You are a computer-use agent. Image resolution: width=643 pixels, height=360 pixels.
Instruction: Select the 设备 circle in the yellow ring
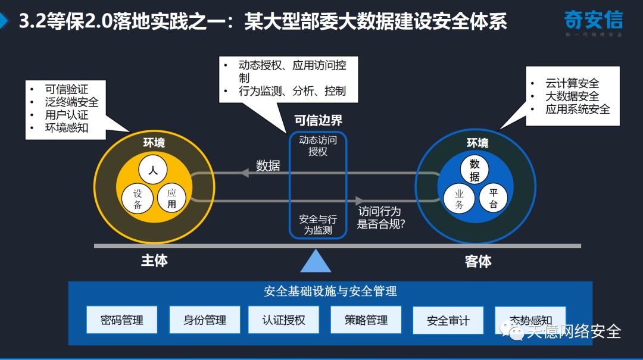tap(138, 199)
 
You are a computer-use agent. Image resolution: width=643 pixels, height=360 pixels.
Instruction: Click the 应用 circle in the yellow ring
tap(171, 199)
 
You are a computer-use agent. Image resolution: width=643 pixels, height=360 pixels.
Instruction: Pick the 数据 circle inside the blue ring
tap(474, 170)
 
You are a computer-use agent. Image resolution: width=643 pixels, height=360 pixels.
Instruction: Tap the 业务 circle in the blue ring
tap(459, 199)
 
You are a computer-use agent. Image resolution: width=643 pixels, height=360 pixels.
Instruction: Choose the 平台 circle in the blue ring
tap(494, 199)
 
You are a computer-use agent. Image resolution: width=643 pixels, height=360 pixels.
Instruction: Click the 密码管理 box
tap(122, 320)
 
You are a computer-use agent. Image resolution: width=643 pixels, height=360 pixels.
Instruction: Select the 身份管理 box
tap(205, 320)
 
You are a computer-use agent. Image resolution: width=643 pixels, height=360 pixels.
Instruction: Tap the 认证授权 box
tap(283, 320)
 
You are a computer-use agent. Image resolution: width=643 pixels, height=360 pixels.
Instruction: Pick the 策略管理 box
tap(366, 320)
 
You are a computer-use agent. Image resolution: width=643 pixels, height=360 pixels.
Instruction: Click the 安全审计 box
tap(448, 320)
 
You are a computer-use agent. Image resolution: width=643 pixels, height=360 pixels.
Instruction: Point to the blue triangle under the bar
tap(316, 261)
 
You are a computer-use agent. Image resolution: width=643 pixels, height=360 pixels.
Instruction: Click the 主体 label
tap(154, 261)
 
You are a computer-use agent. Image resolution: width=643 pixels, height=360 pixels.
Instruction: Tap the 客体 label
tap(478, 261)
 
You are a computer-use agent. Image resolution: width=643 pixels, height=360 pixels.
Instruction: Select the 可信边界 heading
tap(319, 121)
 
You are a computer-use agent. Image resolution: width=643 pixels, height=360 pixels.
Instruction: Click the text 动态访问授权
tap(318, 146)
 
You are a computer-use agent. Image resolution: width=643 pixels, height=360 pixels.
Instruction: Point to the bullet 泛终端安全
tap(71, 102)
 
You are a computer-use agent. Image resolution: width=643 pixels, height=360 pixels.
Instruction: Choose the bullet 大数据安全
tap(572, 96)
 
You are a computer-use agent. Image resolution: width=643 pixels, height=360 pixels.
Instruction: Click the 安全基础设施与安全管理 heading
tap(330, 291)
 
